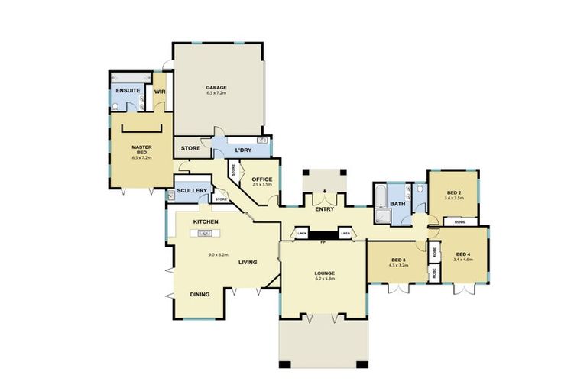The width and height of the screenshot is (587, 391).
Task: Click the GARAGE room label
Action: coord(216,88)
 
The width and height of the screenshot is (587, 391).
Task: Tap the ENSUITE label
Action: coord(127,92)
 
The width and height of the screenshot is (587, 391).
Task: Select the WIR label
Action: coord(160,92)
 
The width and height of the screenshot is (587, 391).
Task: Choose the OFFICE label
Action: coord(262,179)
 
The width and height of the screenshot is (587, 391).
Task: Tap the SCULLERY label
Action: coord(191,190)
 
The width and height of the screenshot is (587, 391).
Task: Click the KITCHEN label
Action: coord(206,221)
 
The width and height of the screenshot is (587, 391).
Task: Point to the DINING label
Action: coord(200,294)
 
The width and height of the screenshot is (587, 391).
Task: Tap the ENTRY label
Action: coord(324,208)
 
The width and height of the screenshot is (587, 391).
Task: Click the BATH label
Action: coord(397,204)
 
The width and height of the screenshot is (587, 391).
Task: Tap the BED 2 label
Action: coord(454,192)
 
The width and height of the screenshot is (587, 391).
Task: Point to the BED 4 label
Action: coord(464,254)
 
